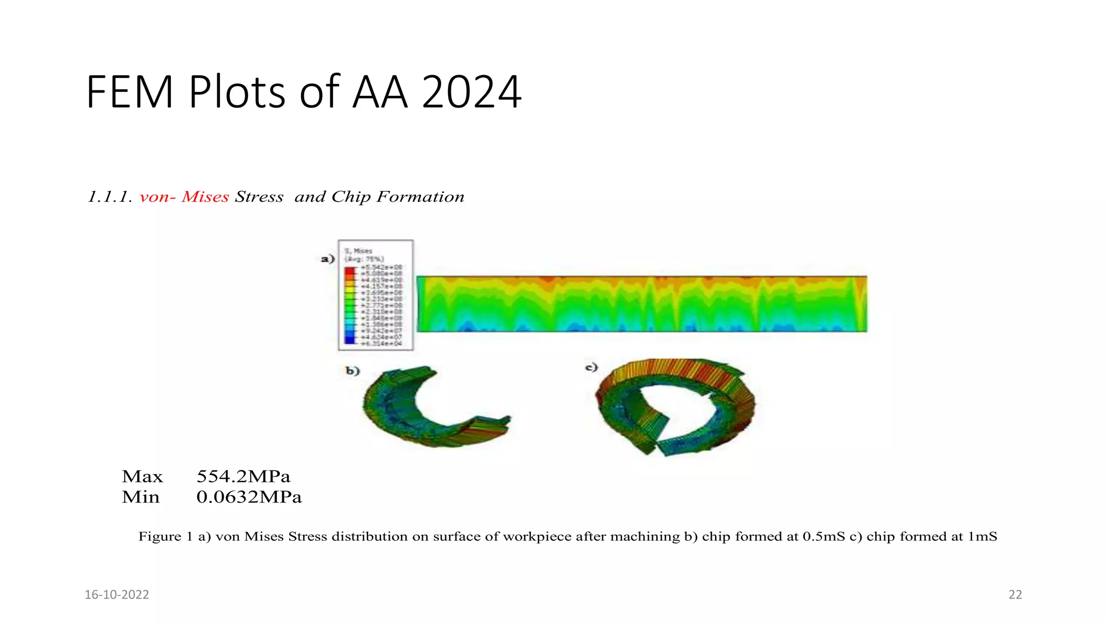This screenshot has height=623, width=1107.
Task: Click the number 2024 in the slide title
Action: [471, 92]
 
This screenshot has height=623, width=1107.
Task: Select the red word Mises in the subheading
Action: [205, 197]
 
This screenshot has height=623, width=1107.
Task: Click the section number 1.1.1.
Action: [110, 197]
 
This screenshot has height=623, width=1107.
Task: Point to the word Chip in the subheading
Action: [351, 197]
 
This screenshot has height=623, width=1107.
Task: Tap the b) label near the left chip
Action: [352, 371]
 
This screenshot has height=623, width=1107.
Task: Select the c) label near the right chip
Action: [592, 368]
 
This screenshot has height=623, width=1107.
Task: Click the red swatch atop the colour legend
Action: [350, 270]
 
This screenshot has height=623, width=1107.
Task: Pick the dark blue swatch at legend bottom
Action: [350, 340]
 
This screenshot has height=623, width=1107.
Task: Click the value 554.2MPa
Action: [243, 476]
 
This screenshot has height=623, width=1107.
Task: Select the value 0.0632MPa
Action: [249, 497]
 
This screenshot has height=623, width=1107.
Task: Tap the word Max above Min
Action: [142, 476]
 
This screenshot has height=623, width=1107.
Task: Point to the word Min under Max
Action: [141, 497]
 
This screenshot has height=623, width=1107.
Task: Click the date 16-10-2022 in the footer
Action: [117, 595]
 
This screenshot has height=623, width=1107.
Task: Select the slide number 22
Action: [1015, 595]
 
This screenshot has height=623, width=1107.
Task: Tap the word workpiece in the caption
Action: [537, 536]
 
